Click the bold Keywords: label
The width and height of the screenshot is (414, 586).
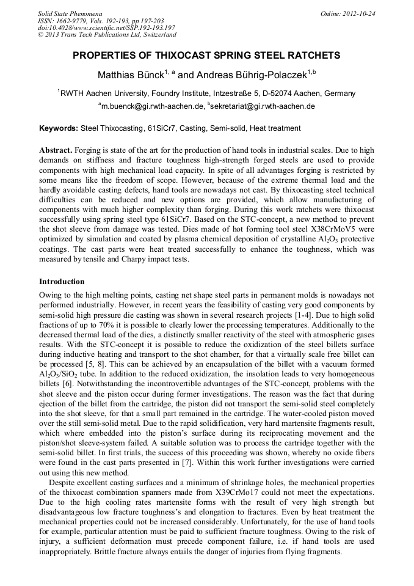(x=59, y=128)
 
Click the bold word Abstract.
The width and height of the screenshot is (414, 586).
(x=56, y=150)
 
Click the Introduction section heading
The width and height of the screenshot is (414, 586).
(x=62, y=282)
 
